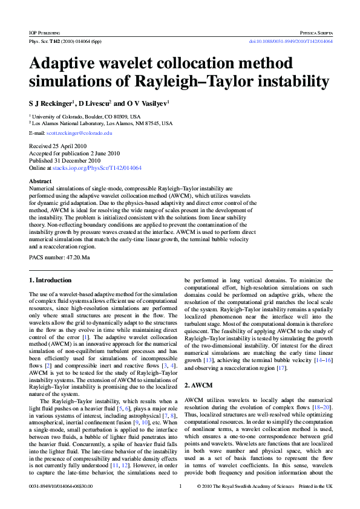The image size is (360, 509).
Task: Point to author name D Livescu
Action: (x=94, y=103)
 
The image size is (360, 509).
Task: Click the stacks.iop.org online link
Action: (x=97, y=167)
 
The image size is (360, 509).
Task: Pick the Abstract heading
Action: (x=40, y=181)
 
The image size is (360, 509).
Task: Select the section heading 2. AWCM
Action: (x=199, y=384)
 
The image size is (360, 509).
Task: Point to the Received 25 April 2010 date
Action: (x=59, y=146)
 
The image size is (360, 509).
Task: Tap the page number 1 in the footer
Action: (x=180, y=486)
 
